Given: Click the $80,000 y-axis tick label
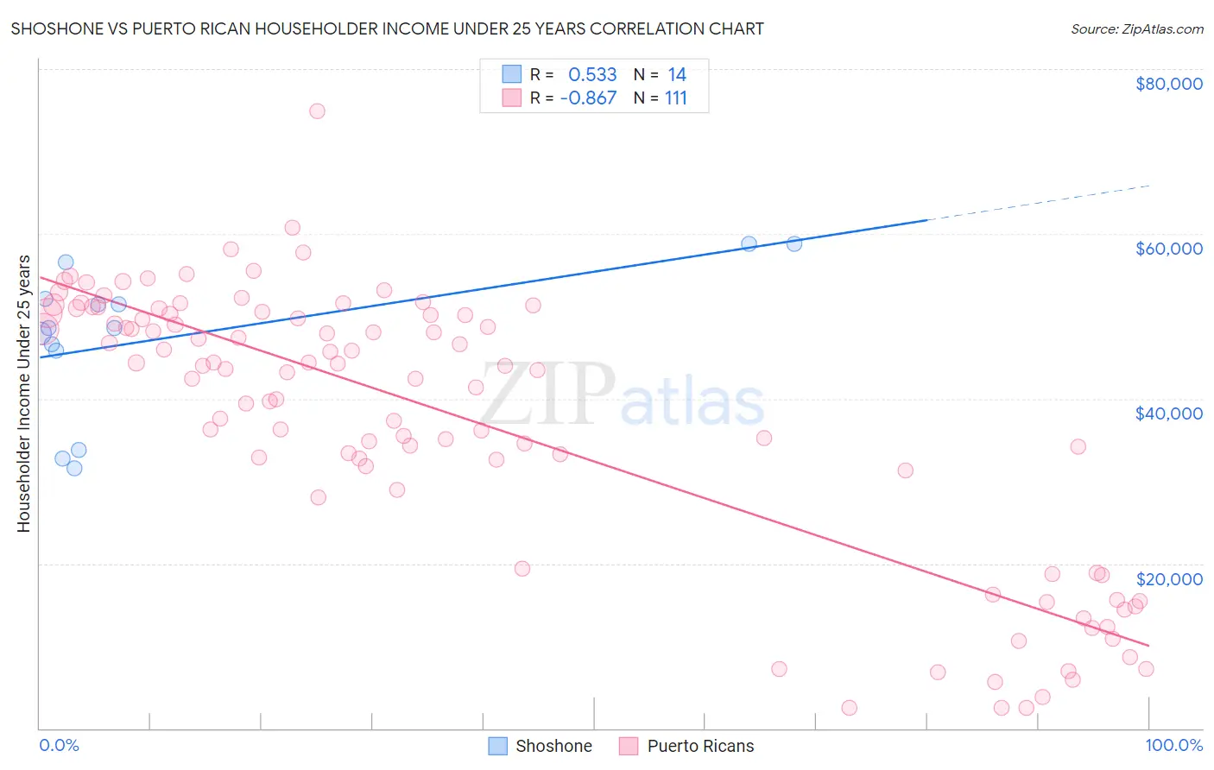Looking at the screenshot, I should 1168,84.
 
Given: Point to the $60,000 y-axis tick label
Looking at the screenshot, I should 1168,249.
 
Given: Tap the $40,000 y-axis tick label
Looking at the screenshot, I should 1168,413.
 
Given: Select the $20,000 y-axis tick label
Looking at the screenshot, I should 1168,578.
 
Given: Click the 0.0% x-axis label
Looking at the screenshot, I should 59,745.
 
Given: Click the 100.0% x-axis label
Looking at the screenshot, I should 1173,745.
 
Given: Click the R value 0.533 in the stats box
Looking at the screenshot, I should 592,75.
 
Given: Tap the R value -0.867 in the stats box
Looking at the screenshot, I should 588,98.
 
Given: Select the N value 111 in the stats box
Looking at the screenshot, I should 675,98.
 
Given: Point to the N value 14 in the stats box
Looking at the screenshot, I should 676,75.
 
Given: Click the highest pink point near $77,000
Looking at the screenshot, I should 317,110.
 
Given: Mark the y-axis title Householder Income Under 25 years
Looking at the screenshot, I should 23,393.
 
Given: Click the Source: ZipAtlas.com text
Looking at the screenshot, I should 1136,29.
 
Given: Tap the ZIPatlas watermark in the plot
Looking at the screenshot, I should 622,395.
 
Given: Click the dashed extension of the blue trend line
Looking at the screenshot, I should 1036,203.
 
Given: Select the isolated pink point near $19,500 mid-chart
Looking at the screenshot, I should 522,568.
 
